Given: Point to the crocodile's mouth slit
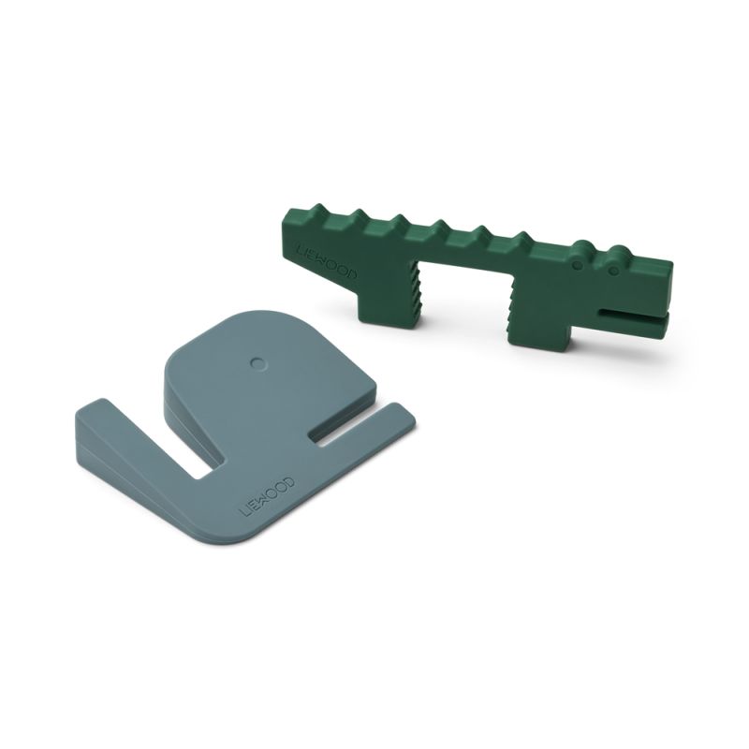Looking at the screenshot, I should [x=632, y=312].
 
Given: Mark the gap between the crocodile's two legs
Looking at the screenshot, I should [x=467, y=300].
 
